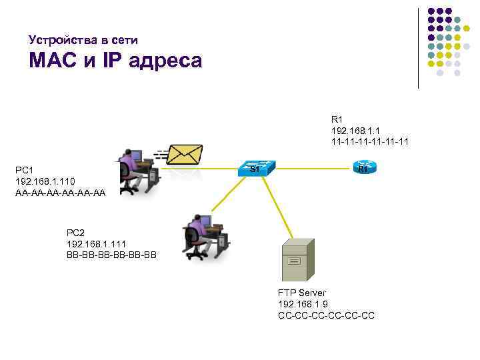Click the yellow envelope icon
183,153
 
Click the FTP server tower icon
294,261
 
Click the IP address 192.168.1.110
45,181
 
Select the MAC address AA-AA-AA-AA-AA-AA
60,192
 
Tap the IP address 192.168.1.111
97,243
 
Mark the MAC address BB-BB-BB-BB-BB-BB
111,254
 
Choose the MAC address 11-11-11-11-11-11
370,141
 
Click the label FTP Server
302,293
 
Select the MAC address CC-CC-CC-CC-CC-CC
326,315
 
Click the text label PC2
75,233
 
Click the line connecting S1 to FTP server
278,207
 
